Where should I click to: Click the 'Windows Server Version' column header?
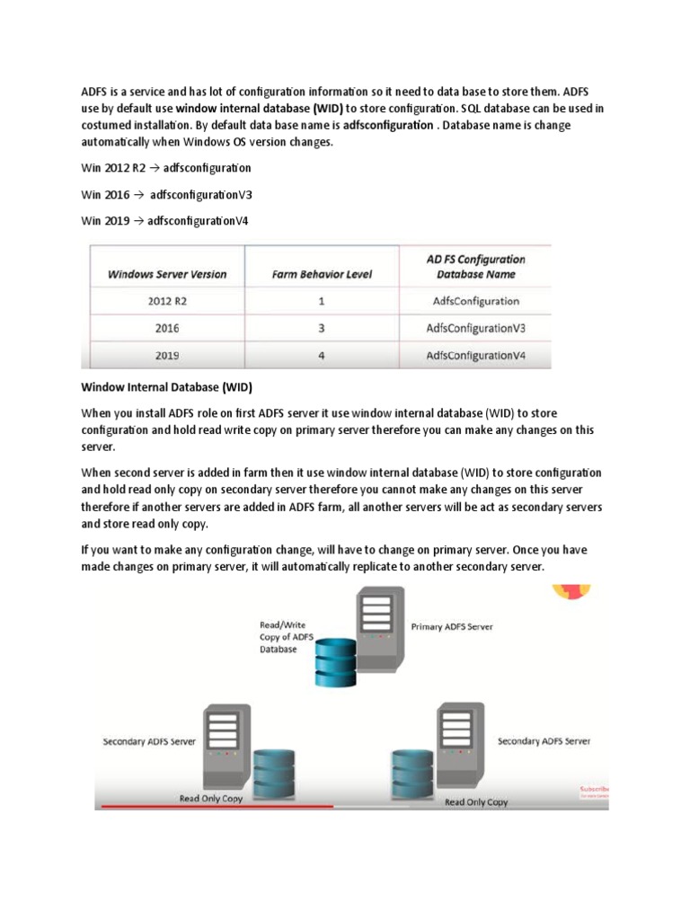[167, 274]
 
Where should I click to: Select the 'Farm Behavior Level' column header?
[322, 274]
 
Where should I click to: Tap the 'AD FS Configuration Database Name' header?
[475, 267]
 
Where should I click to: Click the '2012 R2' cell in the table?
[167, 302]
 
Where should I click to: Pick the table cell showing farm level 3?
[322, 329]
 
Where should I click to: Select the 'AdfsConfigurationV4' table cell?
[475, 356]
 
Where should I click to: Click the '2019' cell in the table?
[167, 356]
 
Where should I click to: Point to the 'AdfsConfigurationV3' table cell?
[475, 329]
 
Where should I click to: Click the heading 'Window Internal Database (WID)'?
[167, 388]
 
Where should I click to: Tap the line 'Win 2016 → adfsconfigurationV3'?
[167, 194]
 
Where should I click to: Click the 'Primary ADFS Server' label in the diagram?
[451, 627]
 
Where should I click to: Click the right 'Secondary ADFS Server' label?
[544, 741]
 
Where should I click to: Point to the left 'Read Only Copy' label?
[212, 798]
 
